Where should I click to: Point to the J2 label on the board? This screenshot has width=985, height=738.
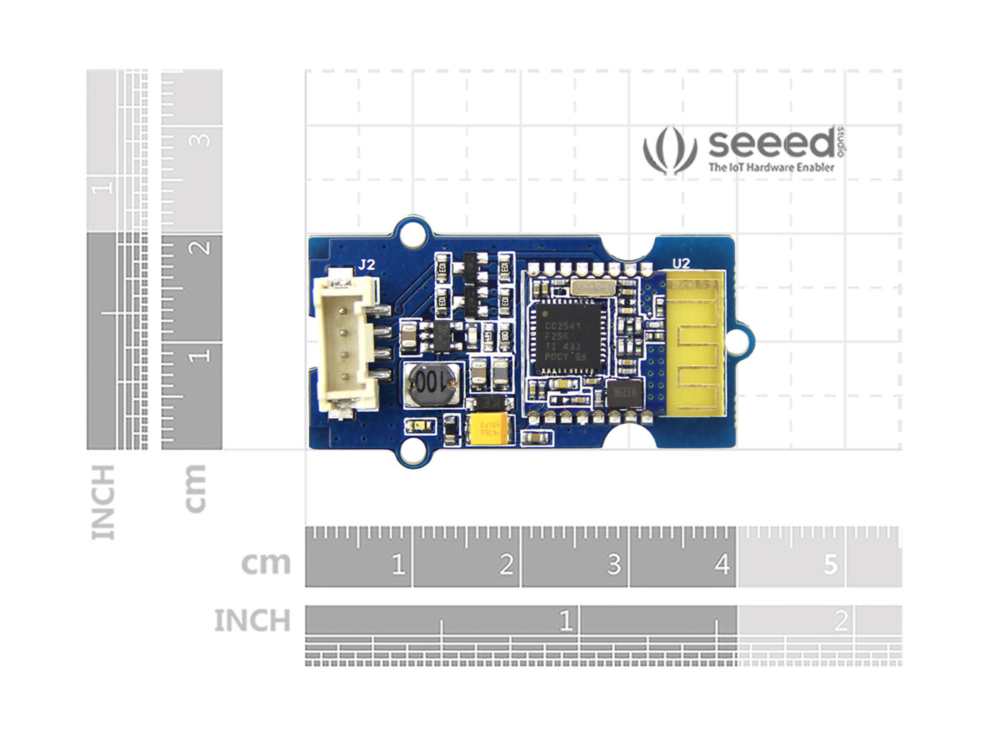367,265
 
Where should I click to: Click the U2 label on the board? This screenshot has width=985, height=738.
681,264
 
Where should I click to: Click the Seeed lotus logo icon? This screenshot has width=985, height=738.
669,150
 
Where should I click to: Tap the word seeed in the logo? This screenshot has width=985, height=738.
770,143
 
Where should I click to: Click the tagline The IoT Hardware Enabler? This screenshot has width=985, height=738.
771,168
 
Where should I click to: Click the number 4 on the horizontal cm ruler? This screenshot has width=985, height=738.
722,564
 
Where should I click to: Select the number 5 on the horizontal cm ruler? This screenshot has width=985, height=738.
831,564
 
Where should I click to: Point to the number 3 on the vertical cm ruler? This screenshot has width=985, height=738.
201,139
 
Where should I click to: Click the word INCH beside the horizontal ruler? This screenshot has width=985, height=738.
252,621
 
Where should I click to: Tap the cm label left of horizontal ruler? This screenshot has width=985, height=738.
265,563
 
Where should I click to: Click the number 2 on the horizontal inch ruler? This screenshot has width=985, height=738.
841,621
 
